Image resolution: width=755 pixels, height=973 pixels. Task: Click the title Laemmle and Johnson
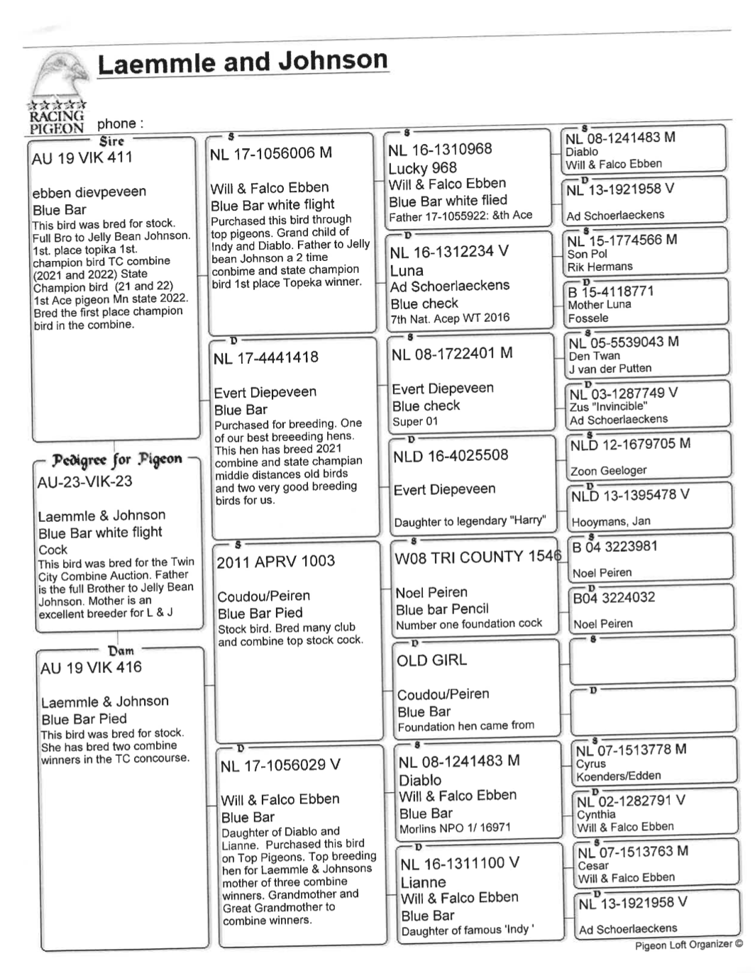pos(242,62)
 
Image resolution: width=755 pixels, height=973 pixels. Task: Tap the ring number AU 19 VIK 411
pos(82,157)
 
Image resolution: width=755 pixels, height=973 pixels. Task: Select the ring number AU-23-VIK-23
pos(84,482)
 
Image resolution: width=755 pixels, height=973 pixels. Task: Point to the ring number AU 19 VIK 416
pos(91,667)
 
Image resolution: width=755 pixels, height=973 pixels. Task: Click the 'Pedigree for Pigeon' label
pos(116,460)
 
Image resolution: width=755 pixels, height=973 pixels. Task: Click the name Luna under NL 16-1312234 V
pos(407,270)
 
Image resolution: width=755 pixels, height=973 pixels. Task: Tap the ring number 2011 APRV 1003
pos(275,561)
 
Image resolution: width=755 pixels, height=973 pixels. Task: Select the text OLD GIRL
pos(431,660)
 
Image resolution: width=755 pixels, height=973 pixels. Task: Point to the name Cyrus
pos(590,764)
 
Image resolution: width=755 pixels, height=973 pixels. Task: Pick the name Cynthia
pos(595,815)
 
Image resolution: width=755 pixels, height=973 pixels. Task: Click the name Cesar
pos(593,865)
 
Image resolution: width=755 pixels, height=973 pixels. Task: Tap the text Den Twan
pos(594,356)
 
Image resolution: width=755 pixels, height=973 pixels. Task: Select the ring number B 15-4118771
pos(611,291)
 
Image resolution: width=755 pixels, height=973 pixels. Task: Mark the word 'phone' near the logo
pos(120,123)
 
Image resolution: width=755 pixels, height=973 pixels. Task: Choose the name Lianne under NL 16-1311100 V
pos(423,882)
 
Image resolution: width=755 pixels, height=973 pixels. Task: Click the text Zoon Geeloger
pos(608,471)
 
